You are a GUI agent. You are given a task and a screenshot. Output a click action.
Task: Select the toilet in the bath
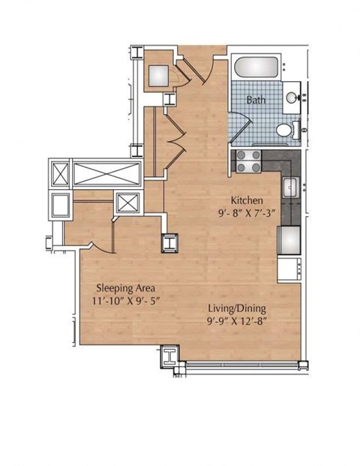[283, 131]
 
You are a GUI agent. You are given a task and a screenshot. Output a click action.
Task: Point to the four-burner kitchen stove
[248, 158]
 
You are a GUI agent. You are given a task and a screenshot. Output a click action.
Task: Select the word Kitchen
[246, 200]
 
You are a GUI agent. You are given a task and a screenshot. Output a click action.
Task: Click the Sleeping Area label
[124, 287]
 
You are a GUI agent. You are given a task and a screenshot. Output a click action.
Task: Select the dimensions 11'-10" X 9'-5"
[124, 300]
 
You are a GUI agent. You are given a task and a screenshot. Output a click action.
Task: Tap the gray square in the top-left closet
[160, 76]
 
